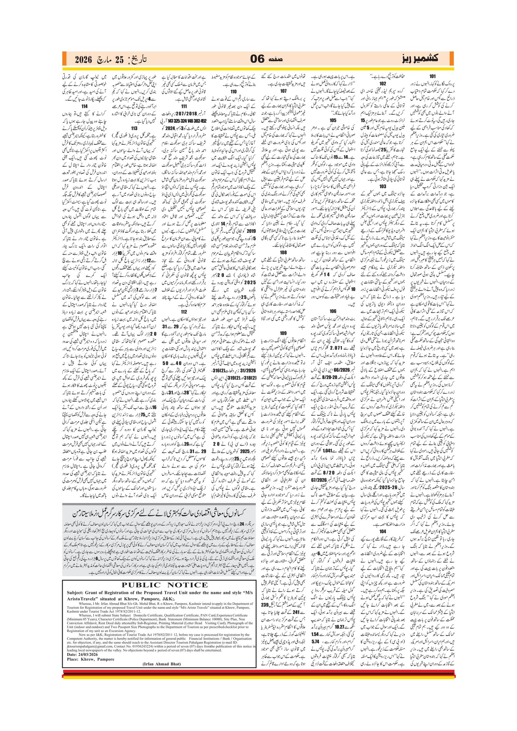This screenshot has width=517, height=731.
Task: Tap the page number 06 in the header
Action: pos(257,59)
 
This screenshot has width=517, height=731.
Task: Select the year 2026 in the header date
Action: pos(83,60)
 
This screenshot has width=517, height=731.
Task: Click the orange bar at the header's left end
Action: pos(64,58)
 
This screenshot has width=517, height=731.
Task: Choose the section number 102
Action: pos(382,83)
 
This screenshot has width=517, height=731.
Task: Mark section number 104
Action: pos(382,531)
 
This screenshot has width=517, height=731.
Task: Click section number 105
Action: pos(333,120)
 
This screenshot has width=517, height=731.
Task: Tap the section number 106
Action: pos(333,311)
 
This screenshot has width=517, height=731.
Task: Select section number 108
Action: pos(283,252)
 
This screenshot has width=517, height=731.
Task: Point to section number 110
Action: pos(234,91)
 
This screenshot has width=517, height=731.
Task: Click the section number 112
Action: pos(184,311)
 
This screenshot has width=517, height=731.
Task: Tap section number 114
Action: pos(84,106)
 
